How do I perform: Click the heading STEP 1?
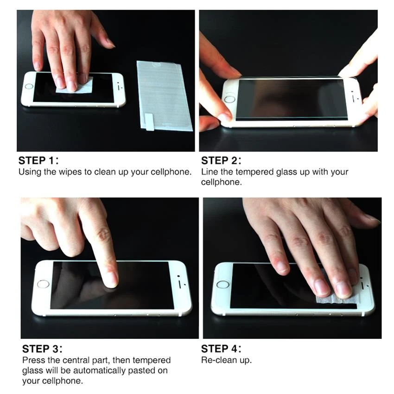click(x=38, y=161)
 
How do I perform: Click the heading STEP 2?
click(x=221, y=161)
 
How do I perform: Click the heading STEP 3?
click(x=42, y=349)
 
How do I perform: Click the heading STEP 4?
click(x=221, y=349)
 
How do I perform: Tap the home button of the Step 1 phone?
click(x=29, y=86)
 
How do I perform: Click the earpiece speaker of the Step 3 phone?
click(x=179, y=283)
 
